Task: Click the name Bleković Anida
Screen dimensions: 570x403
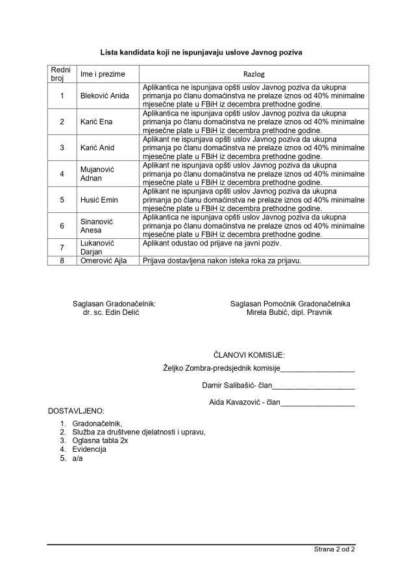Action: coord(104,96)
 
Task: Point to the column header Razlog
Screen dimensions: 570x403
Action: coord(254,74)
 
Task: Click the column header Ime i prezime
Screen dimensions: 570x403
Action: coord(103,74)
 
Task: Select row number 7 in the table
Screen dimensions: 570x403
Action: coord(62,247)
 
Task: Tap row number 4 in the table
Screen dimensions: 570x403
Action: coord(62,174)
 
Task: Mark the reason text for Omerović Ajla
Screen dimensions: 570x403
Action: coord(223,260)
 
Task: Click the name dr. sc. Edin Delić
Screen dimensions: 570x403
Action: coord(111,312)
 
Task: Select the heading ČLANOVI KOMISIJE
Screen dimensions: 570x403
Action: coord(249,355)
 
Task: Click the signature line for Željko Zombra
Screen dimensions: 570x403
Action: coord(317,369)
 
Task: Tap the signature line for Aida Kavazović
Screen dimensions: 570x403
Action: coord(317,403)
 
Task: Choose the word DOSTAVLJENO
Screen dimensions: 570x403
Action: coord(76,412)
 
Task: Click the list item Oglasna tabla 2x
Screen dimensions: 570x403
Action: coord(100,440)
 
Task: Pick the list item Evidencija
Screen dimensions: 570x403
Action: coord(90,449)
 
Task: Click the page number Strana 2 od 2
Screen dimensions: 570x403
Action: coord(334,550)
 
